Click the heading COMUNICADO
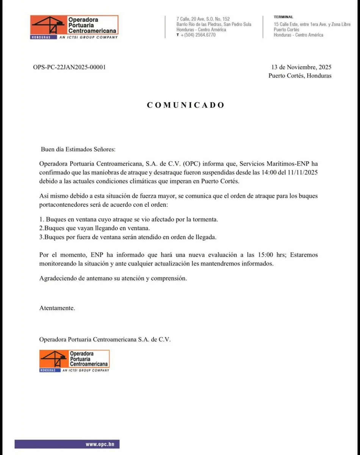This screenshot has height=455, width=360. click(186, 105)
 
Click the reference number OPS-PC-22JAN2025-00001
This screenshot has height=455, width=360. click(69, 67)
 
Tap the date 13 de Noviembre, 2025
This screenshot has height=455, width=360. click(301, 67)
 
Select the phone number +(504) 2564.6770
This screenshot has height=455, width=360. click(198, 35)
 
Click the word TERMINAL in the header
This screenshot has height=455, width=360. click(283, 17)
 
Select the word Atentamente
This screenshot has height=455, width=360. click(57, 308)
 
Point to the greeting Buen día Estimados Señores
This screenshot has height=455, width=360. click(78, 149)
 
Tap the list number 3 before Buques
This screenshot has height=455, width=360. click(41, 237)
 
